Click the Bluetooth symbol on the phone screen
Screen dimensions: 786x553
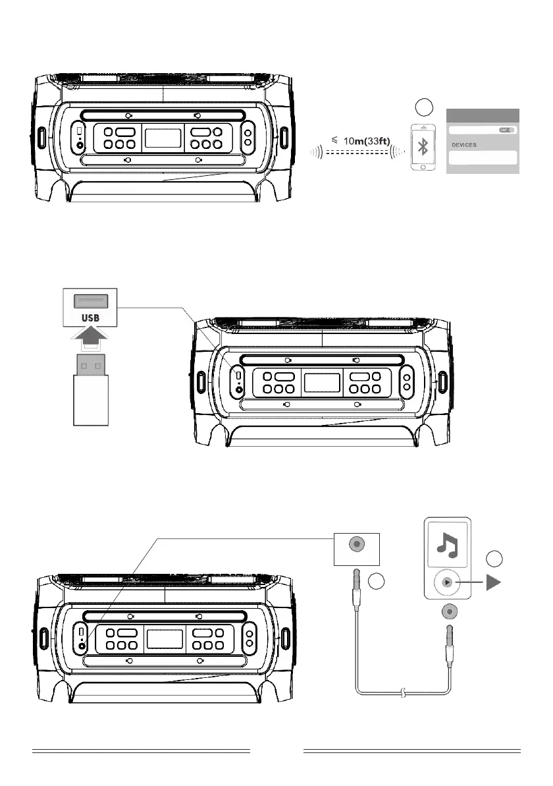[425, 149]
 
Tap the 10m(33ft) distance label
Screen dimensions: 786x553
[364, 140]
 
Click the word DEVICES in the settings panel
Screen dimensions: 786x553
[464, 144]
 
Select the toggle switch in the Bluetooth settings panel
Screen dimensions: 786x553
[507, 130]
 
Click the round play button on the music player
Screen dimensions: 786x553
[447, 582]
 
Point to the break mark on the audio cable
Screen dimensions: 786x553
[402, 692]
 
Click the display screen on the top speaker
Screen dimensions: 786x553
[163, 138]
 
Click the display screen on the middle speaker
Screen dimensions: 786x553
[321, 383]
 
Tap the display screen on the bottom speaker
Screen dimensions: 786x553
[165, 638]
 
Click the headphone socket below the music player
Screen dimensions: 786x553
[448, 612]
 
